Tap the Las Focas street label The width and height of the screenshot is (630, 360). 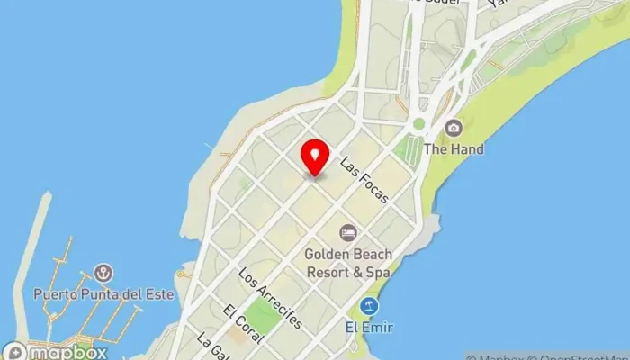(364, 180)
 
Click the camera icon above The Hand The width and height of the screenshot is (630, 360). (454, 128)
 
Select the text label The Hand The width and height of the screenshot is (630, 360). (454, 149)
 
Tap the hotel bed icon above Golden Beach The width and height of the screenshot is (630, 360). (347, 233)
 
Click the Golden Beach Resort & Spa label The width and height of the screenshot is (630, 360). (347, 262)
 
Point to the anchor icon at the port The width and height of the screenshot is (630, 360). (104, 272)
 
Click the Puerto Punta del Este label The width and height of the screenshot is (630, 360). (103, 293)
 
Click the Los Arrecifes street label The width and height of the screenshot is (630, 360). (270, 296)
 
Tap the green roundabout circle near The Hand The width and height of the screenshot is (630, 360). (418, 123)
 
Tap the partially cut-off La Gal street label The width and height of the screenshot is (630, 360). (211, 346)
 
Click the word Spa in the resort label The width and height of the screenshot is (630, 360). (376, 270)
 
